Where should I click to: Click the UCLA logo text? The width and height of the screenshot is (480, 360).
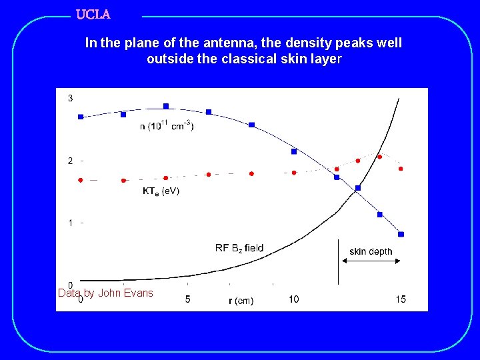tap(93, 14)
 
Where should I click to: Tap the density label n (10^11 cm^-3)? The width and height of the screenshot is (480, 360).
tap(167, 125)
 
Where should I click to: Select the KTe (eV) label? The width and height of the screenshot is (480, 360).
tap(161, 191)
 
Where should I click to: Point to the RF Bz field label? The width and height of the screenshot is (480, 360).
tap(239, 248)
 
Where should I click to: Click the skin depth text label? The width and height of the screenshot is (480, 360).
tap(371, 251)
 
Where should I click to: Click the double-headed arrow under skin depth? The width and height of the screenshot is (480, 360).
tap(370, 262)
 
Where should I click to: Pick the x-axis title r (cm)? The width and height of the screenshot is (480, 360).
tap(241, 301)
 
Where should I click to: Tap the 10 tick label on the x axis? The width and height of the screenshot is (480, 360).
tap(294, 299)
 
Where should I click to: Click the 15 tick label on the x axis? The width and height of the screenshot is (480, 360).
tap(401, 299)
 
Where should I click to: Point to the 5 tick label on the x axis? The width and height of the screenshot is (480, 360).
tap(188, 299)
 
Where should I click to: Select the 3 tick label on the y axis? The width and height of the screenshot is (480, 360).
tap(71, 99)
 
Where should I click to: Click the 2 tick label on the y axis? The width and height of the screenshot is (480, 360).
tap(71, 161)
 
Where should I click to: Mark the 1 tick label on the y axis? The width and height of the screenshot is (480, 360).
tap(71, 223)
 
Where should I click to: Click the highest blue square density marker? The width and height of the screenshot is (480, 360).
tap(166, 106)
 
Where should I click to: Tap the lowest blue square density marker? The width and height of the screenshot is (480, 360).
tap(401, 234)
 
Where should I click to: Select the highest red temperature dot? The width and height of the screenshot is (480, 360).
tap(379, 157)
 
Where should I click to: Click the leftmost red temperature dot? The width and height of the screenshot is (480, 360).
tap(81, 180)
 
